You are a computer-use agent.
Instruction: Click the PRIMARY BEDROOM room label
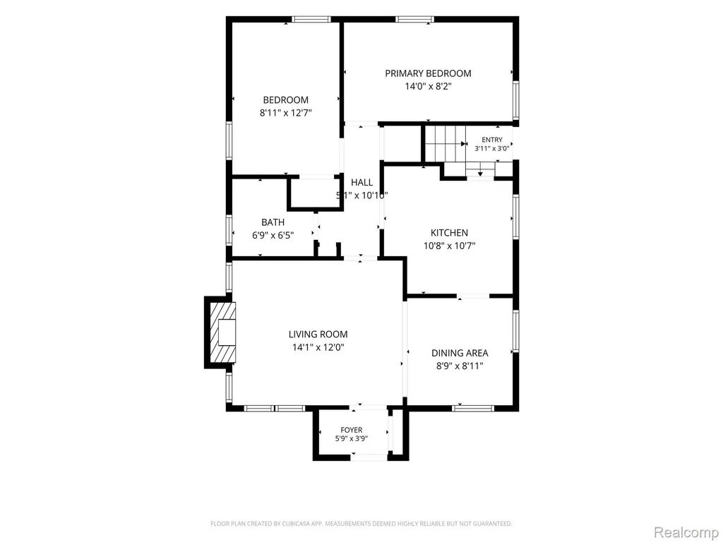coord(428,73)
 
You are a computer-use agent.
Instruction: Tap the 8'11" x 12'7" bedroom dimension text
coord(286,113)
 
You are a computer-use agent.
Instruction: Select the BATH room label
coord(273,222)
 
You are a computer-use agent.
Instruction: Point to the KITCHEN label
coord(449,233)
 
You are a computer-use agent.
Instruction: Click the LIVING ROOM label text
coord(318,334)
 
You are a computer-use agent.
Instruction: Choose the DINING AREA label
coord(460,353)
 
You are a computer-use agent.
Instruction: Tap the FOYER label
coord(352,430)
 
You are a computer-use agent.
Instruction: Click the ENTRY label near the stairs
coord(492,140)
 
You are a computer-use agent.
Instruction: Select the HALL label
coord(362,183)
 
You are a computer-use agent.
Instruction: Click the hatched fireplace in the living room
coord(223,332)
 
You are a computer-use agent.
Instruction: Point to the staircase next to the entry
coord(445,144)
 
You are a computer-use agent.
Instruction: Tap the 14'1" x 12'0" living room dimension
coord(318,347)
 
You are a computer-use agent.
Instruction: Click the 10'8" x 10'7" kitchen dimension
coord(449,246)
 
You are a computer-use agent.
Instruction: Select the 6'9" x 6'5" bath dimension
coord(273,235)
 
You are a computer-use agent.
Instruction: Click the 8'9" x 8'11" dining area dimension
coord(460,366)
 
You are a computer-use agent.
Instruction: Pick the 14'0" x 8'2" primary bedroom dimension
coord(428,86)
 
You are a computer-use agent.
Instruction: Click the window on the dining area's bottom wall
coord(473,408)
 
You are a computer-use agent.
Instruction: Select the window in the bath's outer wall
coord(229,230)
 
